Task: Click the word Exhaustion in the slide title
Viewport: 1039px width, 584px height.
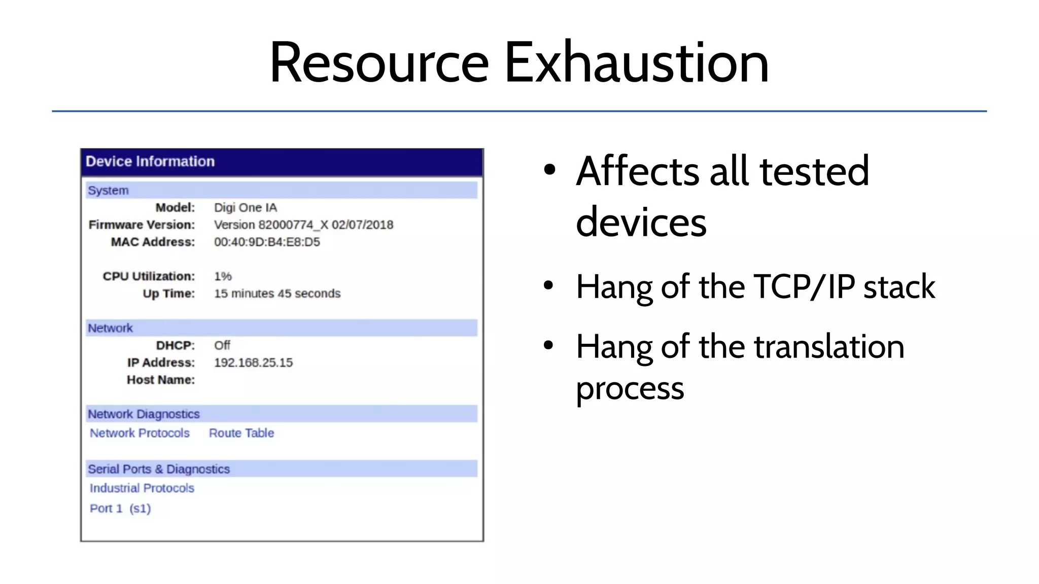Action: point(637,63)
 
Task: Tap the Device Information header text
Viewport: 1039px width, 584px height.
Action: point(150,161)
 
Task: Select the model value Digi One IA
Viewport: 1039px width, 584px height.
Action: point(246,207)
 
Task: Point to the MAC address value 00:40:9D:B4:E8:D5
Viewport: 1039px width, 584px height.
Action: point(267,242)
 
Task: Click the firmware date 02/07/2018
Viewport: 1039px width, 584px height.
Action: point(362,225)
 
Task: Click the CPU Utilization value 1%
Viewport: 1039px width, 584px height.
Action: point(223,276)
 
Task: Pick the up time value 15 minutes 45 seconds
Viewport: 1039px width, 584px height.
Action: point(277,294)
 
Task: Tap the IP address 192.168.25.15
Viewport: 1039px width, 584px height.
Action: point(253,362)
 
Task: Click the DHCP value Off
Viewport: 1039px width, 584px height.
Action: point(222,345)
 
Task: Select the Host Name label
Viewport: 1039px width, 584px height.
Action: point(161,380)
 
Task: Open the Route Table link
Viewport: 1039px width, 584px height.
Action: point(241,433)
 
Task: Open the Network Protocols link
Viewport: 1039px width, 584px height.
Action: point(140,433)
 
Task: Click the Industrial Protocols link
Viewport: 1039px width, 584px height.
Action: point(142,488)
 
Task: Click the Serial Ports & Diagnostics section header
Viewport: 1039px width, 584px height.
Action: point(159,469)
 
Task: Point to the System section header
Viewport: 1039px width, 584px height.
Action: point(108,190)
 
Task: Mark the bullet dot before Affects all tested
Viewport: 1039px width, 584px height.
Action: point(549,169)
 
